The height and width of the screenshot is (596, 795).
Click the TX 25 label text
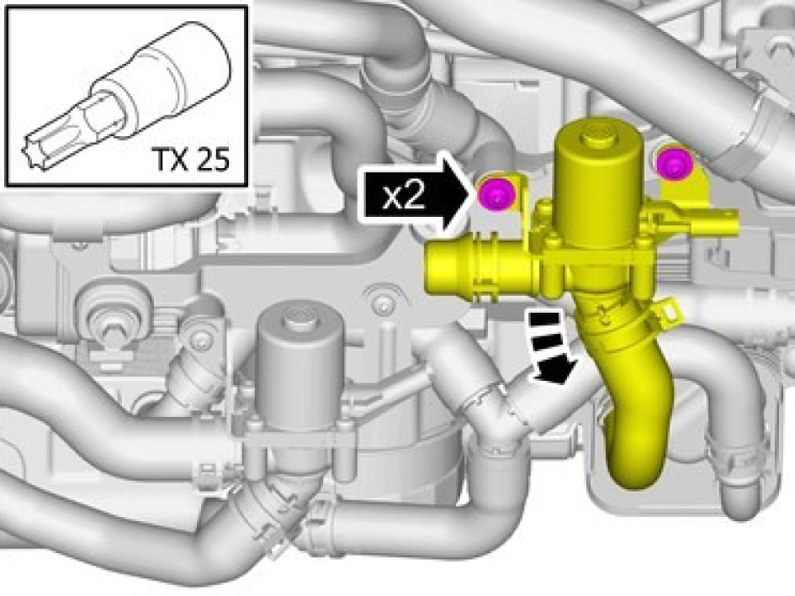click(x=192, y=160)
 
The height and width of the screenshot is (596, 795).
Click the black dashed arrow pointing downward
click(x=552, y=347)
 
